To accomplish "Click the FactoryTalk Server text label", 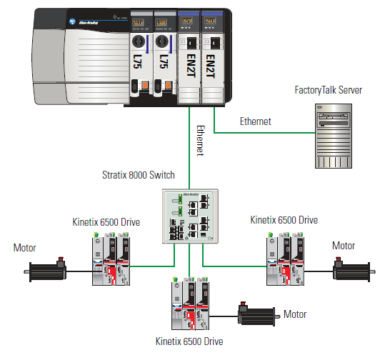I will click(328, 90).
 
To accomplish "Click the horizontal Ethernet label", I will click(255, 121).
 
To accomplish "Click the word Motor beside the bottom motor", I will click(295, 314).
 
